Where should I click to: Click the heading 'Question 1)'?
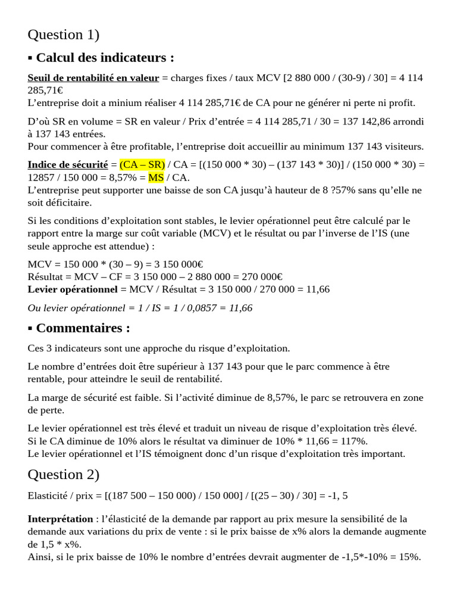point(64,35)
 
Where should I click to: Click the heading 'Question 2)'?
point(64,474)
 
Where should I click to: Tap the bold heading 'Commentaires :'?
point(83,328)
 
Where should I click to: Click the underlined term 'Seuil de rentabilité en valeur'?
point(93,78)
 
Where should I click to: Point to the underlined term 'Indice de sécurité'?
point(68,164)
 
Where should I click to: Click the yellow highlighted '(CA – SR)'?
point(142,164)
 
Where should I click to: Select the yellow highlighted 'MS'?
point(156,177)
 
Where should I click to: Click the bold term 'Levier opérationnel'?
point(73,289)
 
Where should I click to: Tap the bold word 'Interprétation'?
point(60,519)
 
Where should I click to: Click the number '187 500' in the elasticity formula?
point(119,495)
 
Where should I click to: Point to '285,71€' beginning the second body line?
point(45,90)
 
